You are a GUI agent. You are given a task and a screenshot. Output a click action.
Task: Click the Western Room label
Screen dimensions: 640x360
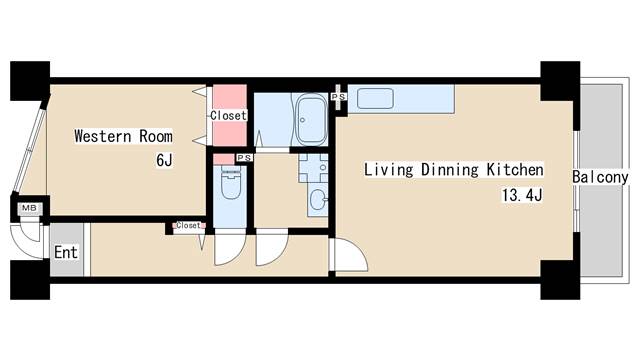[123, 136]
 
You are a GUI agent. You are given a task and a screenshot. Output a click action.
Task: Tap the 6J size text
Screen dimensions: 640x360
[164, 160]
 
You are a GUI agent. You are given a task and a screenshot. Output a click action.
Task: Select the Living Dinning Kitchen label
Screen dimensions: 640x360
[453, 170]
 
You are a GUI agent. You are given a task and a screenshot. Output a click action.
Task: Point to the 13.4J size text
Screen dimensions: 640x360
[522, 195]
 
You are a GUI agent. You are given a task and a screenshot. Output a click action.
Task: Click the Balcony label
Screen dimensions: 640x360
[600, 177]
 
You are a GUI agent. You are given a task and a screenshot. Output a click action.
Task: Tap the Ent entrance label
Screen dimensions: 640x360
[66, 252]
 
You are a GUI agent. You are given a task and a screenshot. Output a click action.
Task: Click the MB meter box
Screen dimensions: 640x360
[29, 208]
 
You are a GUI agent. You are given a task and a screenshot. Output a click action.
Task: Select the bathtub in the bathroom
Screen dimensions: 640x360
[311, 120]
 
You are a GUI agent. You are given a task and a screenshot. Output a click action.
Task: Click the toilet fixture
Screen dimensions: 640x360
[231, 183]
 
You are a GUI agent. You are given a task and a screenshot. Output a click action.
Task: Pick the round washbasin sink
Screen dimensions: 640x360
[318, 200]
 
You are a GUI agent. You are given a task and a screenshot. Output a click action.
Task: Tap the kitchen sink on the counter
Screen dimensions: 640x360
[375, 99]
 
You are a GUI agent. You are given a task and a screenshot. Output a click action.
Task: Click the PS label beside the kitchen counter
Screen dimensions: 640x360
[338, 97]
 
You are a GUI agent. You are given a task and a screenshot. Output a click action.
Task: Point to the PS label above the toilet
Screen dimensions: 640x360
[244, 158]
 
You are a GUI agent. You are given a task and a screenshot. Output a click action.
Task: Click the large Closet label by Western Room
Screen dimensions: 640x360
[229, 116]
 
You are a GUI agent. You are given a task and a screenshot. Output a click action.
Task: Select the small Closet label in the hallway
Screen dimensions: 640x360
[189, 225]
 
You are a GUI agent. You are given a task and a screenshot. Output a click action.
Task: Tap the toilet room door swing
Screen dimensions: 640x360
[230, 247]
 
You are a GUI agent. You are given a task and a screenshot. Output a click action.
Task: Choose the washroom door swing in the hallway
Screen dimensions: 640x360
[272, 247]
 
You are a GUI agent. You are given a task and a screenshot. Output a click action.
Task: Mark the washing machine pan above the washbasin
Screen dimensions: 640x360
[313, 168]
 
